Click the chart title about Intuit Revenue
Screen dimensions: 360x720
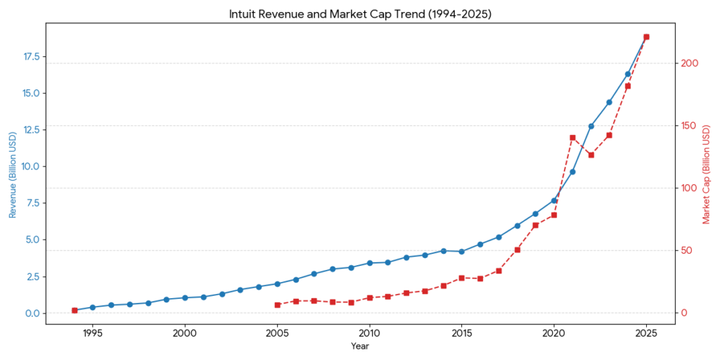[x=360, y=14]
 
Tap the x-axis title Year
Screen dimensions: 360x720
[x=360, y=346]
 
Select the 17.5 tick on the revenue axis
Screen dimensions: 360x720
[x=30, y=57]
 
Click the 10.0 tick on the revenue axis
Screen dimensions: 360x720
[x=30, y=167]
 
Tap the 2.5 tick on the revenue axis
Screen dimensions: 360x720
[x=32, y=276]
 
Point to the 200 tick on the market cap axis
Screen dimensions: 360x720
[x=690, y=63]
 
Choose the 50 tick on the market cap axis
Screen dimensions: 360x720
[x=688, y=251]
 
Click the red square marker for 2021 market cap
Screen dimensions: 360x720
[x=572, y=138]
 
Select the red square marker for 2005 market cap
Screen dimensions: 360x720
[x=277, y=305]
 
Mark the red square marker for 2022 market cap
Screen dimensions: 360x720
[x=591, y=155]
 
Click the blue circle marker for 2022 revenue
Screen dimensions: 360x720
[x=591, y=126]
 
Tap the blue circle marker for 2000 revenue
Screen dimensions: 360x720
[x=185, y=297]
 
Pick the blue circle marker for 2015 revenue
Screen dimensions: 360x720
[x=461, y=252]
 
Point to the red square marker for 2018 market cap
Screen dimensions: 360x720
[x=517, y=250]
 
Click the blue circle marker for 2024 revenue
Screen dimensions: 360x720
[x=628, y=74]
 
